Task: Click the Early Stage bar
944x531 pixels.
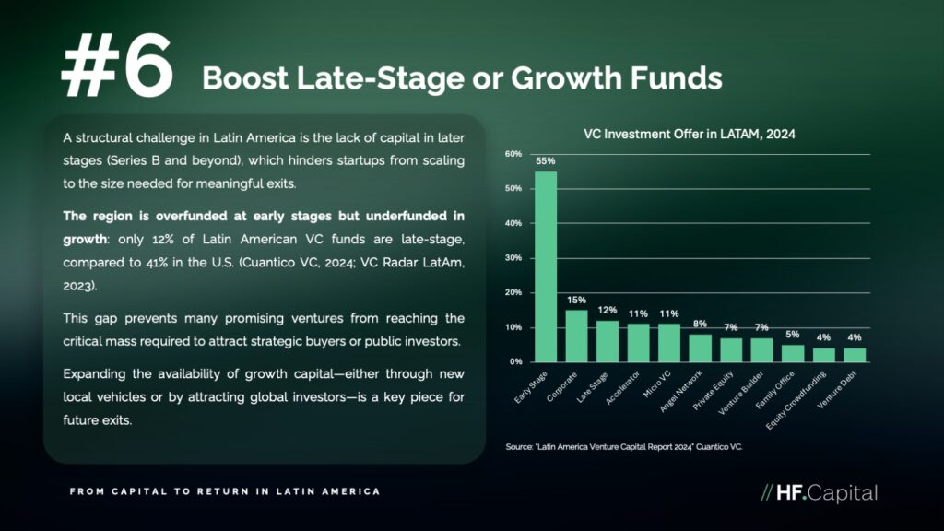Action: coord(546,266)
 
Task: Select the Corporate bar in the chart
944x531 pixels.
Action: coord(576,336)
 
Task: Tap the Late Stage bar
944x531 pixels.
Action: coord(608,341)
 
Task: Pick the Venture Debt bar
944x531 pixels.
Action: coord(855,355)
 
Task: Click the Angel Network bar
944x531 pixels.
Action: coord(701,348)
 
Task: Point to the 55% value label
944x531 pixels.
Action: coord(546,161)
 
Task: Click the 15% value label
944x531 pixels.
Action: coord(576,300)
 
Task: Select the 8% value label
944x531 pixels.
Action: coord(700,324)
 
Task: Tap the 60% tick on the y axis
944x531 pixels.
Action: coord(513,154)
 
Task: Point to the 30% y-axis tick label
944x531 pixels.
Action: coord(513,258)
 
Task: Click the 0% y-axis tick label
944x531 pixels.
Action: coord(516,361)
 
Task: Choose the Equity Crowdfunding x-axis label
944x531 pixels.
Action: coord(796,400)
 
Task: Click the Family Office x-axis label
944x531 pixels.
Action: coord(774,390)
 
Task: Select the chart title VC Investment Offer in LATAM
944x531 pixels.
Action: coord(690,134)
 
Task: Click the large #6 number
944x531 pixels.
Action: coord(117,65)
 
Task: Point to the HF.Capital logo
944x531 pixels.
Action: coord(820,493)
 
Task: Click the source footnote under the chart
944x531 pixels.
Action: coord(624,447)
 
